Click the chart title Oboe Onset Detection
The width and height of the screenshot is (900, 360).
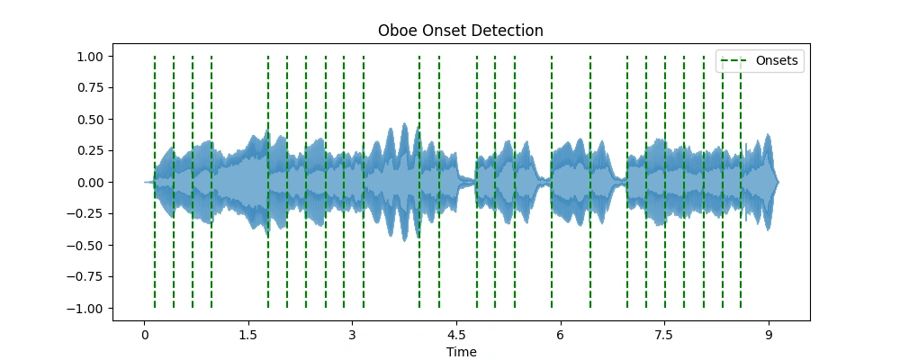[461, 31]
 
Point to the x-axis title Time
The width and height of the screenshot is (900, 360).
[461, 353]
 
